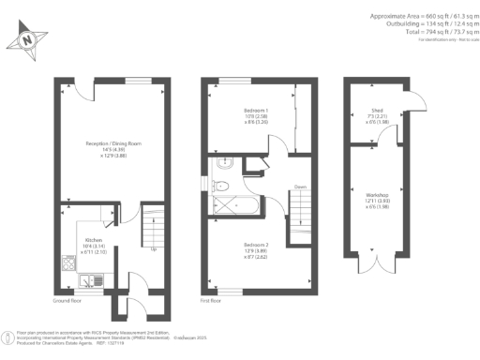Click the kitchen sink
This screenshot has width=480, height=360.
(87, 278)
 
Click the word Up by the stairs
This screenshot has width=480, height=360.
(153, 249)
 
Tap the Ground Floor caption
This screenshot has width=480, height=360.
(67, 302)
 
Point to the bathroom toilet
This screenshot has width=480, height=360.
(221, 165)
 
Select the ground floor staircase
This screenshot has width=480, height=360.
(153, 226)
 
